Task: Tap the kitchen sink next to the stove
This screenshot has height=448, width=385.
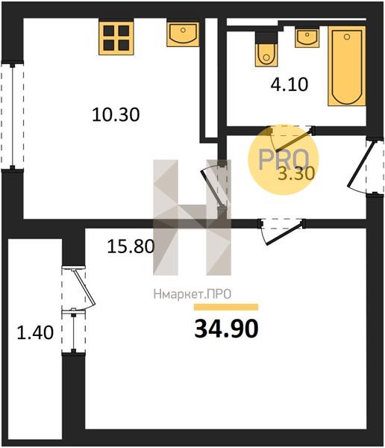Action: (183, 33)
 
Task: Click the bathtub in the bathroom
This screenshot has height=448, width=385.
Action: (347, 66)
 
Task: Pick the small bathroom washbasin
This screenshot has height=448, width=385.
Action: (307, 37)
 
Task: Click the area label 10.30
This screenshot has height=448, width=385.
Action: (116, 114)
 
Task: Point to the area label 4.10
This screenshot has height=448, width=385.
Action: (289, 84)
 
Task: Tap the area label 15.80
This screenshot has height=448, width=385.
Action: (131, 246)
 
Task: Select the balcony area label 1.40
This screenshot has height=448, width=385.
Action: (35, 333)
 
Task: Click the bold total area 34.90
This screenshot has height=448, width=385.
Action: (226, 329)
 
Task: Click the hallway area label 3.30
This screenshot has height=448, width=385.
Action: (296, 173)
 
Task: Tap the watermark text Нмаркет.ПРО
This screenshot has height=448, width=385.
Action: (192, 294)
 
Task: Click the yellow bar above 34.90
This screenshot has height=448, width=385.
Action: (226, 307)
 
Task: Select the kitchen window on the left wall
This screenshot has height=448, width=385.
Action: (12, 116)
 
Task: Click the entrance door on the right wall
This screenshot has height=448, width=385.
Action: (363, 167)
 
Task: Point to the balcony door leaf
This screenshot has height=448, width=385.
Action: (84, 287)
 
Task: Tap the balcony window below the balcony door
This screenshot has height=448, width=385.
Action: (73, 331)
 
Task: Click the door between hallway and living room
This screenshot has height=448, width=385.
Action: (281, 231)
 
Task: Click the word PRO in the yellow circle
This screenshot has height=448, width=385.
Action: (284, 159)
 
